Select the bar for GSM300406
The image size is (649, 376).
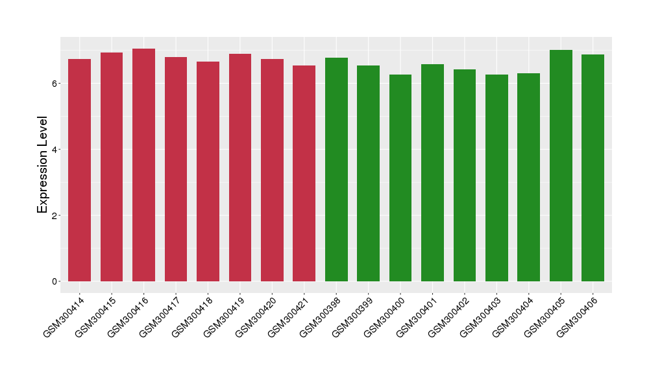(x=593, y=168)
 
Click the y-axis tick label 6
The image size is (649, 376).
(x=56, y=84)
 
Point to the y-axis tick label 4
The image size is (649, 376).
(x=56, y=150)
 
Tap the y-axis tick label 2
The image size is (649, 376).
(x=56, y=215)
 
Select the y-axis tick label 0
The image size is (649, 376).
(x=56, y=281)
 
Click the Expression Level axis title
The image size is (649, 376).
(x=43, y=165)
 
